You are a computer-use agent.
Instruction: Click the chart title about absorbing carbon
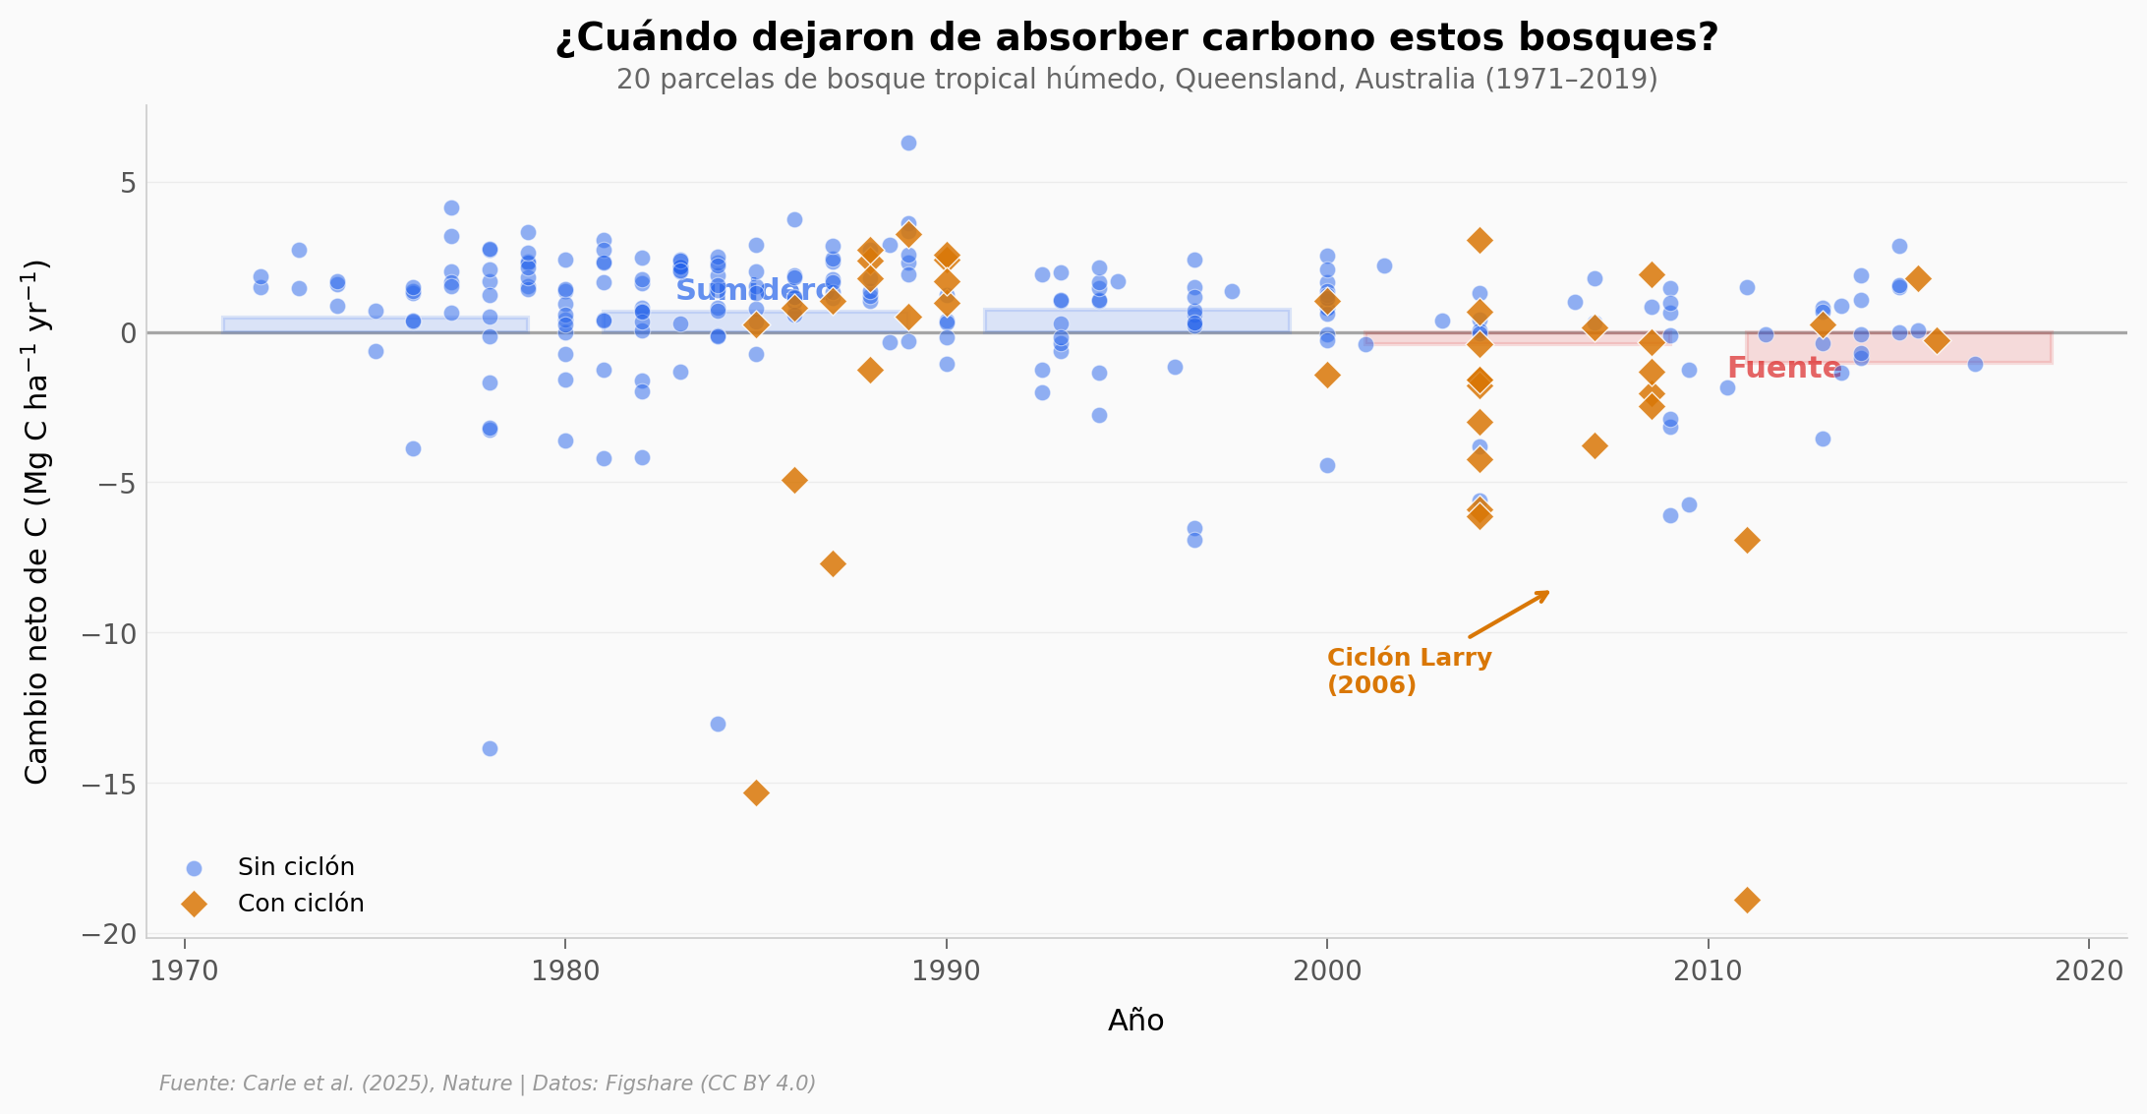tap(1136, 38)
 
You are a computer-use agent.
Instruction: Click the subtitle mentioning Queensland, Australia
tap(1136, 80)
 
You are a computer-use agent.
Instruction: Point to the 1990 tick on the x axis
tap(946, 971)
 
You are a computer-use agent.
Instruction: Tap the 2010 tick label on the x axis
tap(1708, 971)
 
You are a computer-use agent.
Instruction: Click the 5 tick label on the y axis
tap(128, 183)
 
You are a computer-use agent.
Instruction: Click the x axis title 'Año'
tap(1135, 1021)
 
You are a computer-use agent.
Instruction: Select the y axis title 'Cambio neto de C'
tap(37, 521)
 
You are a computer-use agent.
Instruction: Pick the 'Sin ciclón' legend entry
tap(295, 867)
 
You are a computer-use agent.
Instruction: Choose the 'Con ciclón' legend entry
tap(300, 904)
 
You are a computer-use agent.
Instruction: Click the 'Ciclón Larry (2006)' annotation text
tap(1408, 671)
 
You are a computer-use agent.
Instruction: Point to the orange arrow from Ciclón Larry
tap(1509, 615)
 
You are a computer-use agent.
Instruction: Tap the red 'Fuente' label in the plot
tap(1783, 368)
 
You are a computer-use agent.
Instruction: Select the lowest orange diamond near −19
tap(1747, 900)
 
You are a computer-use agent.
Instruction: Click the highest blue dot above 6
tap(908, 144)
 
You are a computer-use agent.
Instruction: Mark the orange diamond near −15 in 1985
tap(756, 792)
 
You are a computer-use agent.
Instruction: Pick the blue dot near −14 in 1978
tap(490, 748)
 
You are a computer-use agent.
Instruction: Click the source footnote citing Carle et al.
tap(488, 1084)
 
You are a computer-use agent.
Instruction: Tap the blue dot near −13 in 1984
tap(718, 724)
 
